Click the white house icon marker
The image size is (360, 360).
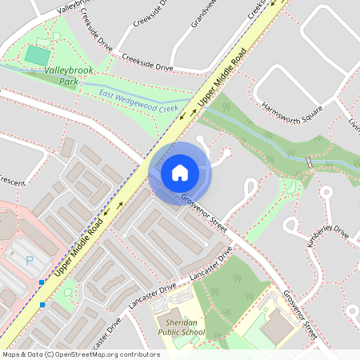(x=179, y=173)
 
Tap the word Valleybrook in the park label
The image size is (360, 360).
(x=69, y=71)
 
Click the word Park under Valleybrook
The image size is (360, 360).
(x=69, y=82)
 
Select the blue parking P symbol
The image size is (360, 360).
(x=30, y=260)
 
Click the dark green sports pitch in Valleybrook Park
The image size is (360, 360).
(x=37, y=55)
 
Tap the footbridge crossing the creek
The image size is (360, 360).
(x=308, y=162)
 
